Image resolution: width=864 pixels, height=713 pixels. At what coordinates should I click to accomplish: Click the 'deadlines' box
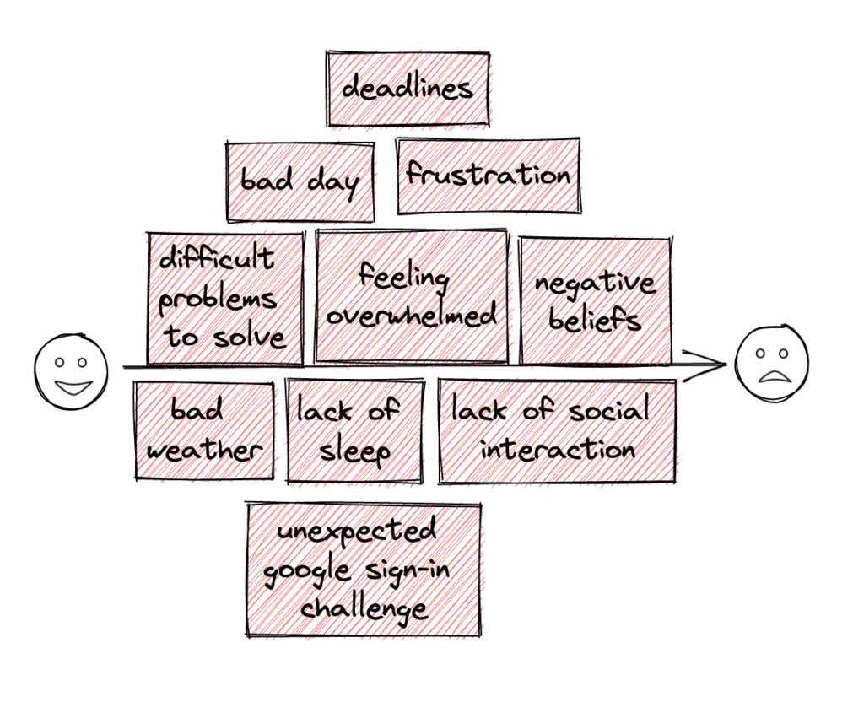[x=408, y=89]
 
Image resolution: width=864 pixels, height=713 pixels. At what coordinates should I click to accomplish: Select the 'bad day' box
[x=300, y=181]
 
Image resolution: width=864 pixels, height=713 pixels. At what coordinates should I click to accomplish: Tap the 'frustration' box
[x=489, y=176]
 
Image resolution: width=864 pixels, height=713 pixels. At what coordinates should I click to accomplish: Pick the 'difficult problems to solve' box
[x=224, y=300]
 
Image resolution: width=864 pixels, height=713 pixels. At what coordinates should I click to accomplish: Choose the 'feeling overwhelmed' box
[x=412, y=295]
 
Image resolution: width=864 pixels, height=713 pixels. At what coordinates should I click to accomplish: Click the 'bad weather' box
[x=203, y=431]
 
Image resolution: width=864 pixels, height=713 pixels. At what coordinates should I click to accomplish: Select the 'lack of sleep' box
[x=354, y=431]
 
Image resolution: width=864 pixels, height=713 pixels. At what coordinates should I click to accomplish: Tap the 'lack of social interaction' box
[x=557, y=431]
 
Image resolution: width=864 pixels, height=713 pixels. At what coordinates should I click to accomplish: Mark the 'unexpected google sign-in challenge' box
[x=364, y=570]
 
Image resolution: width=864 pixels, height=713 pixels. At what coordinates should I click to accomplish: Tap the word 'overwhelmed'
[x=412, y=315]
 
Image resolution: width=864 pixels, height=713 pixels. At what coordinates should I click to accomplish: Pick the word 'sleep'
[x=354, y=451]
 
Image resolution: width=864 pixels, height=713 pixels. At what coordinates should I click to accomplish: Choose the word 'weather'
[x=203, y=448]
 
